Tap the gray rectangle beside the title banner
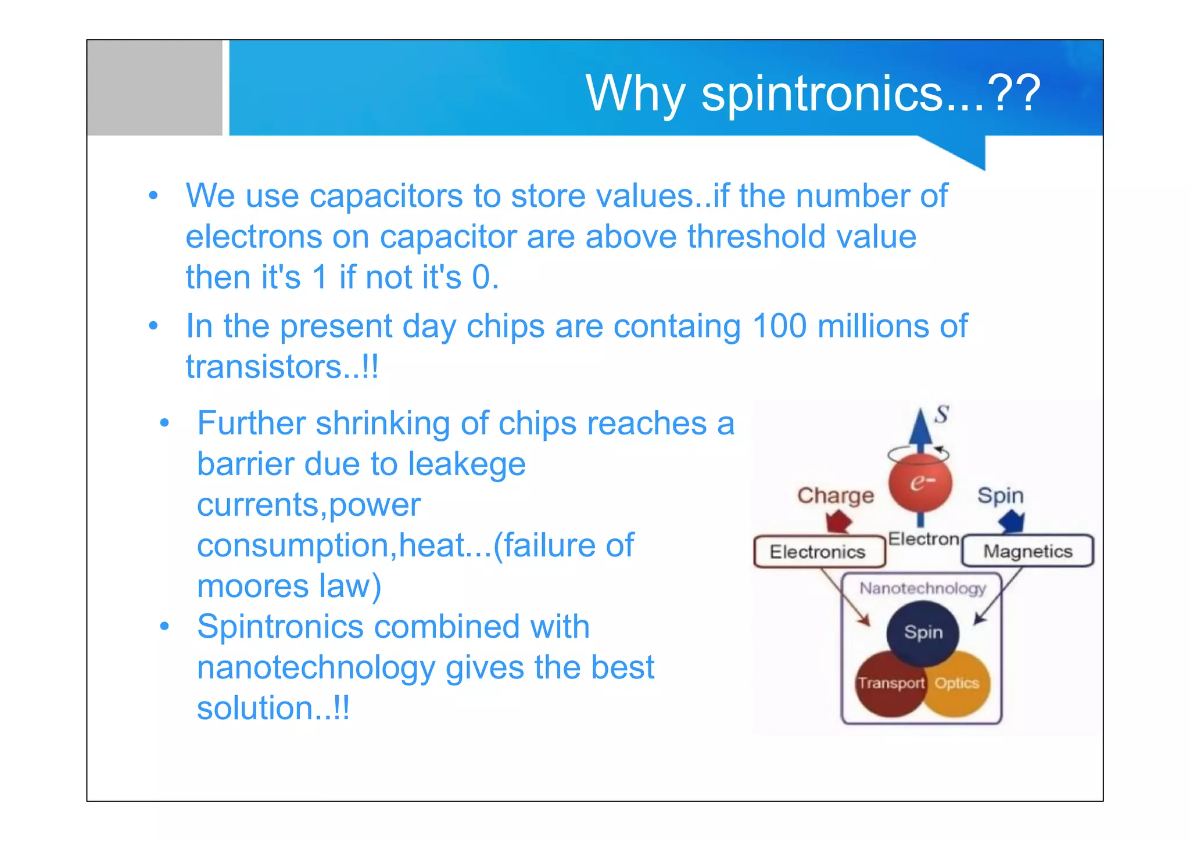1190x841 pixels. [x=155, y=88]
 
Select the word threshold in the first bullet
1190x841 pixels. [x=756, y=237]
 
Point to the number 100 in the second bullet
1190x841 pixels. [x=779, y=326]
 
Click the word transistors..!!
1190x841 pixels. [x=282, y=367]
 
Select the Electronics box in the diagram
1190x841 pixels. [x=818, y=552]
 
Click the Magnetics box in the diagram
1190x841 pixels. [x=1027, y=551]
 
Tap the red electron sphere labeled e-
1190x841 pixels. [x=920, y=483]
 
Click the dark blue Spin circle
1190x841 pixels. [x=923, y=632]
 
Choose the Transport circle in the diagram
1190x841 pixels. [x=889, y=684]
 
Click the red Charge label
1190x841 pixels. [x=835, y=495]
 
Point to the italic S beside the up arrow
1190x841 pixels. [x=941, y=415]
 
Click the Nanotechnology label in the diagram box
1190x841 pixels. [x=922, y=588]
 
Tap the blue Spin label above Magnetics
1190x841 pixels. [x=1000, y=495]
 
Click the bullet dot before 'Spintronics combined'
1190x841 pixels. [x=164, y=627]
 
